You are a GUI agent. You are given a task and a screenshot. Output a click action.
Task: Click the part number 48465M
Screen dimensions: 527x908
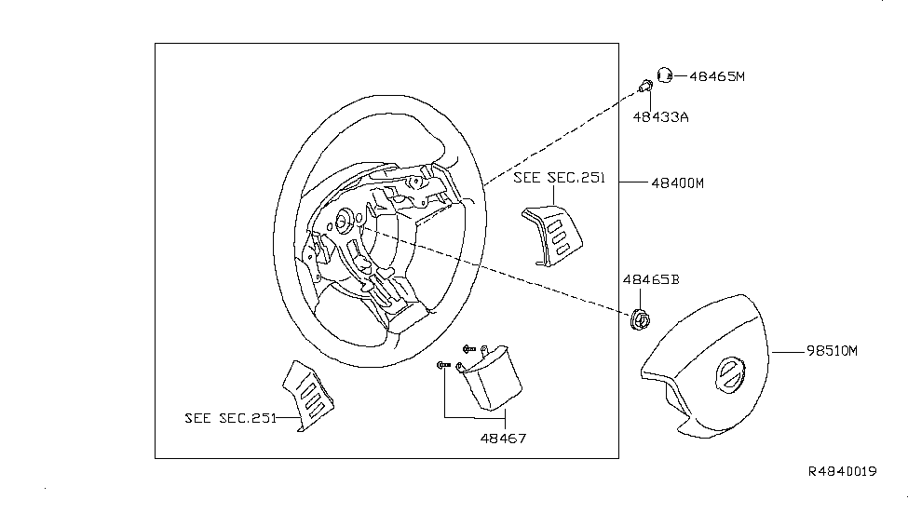tap(717, 77)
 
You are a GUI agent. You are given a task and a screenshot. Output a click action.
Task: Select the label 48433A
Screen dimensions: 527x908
tap(661, 117)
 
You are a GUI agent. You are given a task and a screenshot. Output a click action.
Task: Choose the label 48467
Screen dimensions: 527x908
tap(503, 437)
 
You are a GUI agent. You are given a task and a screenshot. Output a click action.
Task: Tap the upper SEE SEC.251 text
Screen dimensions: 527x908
tap(559, 179)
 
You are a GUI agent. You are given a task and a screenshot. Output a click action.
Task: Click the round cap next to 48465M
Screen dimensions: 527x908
tap(666, 75)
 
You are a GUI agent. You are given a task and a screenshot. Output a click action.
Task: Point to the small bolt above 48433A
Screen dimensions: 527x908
tap(644, 88)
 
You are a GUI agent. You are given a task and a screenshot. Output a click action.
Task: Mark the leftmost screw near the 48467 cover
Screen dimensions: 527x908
tap(441, 366)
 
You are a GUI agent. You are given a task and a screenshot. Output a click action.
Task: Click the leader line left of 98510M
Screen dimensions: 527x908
tap(789, 352)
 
